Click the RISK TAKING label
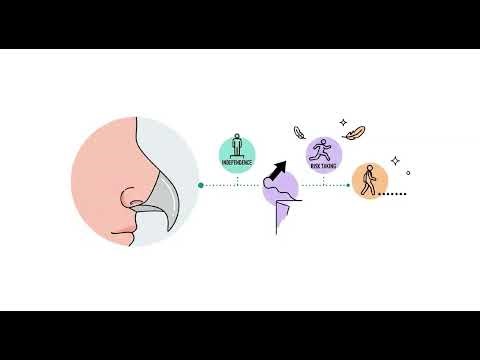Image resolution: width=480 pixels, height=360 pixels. pyautogui.click(x=323, y=165)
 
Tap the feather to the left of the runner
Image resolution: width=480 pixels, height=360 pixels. pyautogui.click(x=297, y=131)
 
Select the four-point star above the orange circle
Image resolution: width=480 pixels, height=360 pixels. pyautogui.click(x=395, y=160)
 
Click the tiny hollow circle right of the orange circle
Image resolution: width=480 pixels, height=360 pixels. pyautogui.click(x=408, y=172)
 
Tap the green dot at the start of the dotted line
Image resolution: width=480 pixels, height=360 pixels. pyautogui.click(x=201, y=185)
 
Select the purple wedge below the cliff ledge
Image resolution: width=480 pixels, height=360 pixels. pyautogui.click(x=281, y=211)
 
